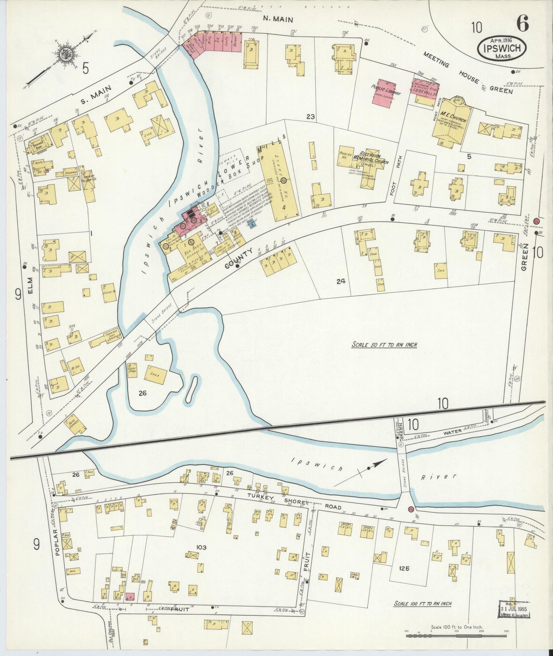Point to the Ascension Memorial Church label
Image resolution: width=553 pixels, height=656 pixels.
tap(372, 159)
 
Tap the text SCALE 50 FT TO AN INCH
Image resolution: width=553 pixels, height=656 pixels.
tap(384, 345)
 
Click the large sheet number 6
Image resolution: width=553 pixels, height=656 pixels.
tap(523, 24)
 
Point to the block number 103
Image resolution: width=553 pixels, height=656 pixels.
tap(201, 548)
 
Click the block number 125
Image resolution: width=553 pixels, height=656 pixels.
tap(404, 568)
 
